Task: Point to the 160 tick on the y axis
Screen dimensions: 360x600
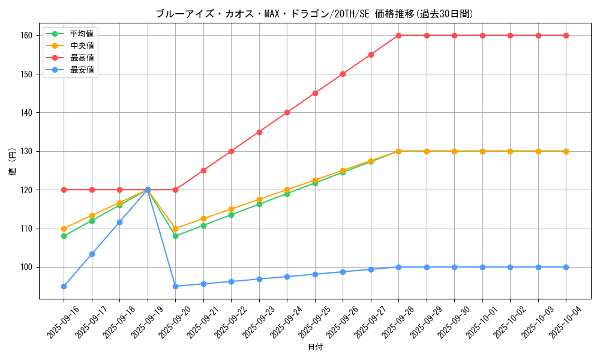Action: (x=27, y=35)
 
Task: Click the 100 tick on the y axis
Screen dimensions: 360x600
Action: (x=27, y=267)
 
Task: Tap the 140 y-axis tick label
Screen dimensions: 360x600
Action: (x=27, y=113)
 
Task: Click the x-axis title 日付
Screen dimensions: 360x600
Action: (x=315, y=347)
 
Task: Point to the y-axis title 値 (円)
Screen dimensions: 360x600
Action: (x=12, y=161)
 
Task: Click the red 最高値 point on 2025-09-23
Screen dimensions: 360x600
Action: (x=259, y=132)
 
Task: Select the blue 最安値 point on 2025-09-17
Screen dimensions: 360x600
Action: (x=92, y=254)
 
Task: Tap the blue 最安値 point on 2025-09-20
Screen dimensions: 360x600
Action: (x=175, y=286)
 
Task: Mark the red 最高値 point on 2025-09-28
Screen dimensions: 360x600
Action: (x=398, y=35)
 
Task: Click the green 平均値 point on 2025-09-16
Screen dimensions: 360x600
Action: (x=64, y=236)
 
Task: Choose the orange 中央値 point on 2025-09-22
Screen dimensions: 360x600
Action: (x=231, y=209)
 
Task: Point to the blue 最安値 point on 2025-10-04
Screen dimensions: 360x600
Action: (x=566, y=267)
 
